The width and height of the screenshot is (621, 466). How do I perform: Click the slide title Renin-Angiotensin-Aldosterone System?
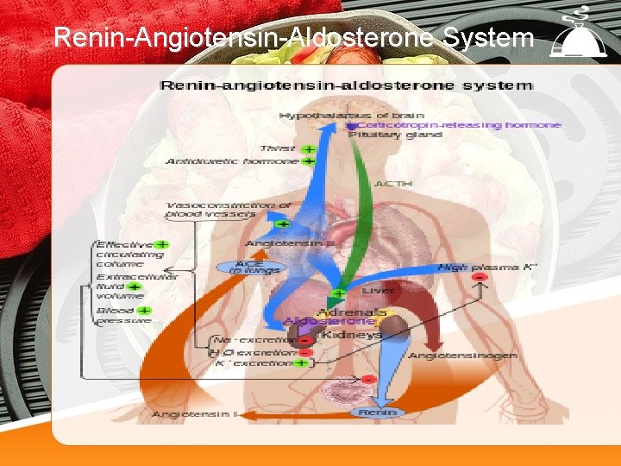point(293,38)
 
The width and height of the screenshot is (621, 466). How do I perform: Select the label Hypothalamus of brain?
point(339,115)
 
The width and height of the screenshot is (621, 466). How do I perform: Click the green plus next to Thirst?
point(307,148)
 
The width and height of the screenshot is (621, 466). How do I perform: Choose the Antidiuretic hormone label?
point(232,161)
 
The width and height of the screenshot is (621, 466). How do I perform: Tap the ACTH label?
point(393,184)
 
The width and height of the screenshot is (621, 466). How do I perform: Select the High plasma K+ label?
point(487,268)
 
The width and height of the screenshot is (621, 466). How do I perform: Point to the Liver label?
point(378,291)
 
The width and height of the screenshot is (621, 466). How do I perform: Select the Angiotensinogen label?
point(462,356)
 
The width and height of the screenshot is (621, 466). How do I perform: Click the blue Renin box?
point(377,412)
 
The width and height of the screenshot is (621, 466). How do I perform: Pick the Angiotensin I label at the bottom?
point(194,415)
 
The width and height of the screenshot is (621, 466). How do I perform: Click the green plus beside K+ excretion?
point(301,363)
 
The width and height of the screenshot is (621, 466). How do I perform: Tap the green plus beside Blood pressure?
point(144,311)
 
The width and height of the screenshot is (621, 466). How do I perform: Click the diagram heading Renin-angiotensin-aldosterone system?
point(346,85)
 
